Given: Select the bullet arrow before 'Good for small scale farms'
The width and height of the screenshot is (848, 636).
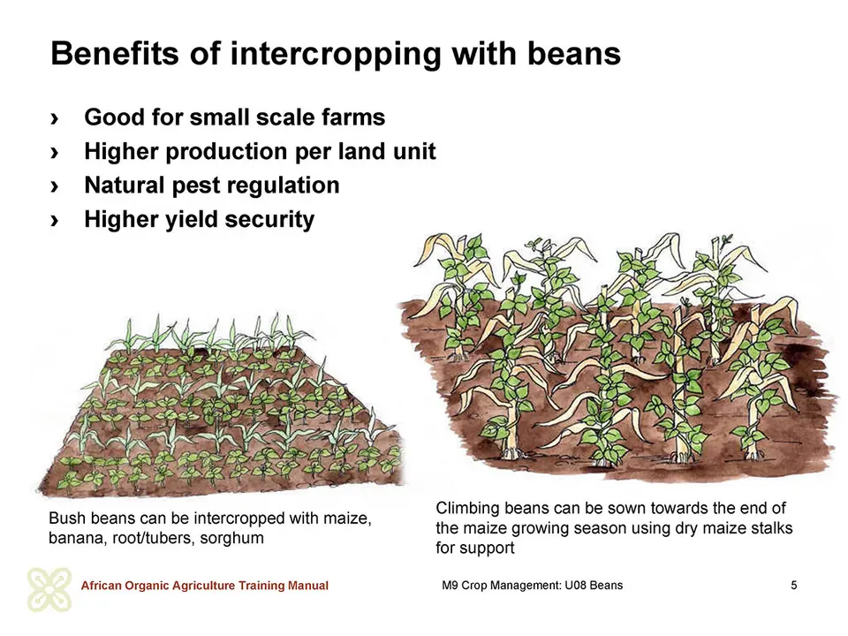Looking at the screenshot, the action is [x=54, y=117].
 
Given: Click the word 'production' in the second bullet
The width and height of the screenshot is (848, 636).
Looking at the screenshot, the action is [x=227, y=152].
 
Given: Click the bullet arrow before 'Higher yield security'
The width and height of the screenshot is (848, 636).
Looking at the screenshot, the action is [x=54, y=220].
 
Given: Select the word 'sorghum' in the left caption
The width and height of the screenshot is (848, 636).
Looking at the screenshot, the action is [x=231, y=539].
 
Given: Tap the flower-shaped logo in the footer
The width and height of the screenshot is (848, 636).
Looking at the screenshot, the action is [x=49, y=589].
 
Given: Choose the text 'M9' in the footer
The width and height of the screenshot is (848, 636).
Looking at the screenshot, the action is [x=450, y=585].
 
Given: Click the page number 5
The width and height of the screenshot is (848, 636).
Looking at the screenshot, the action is [x=794, y=585].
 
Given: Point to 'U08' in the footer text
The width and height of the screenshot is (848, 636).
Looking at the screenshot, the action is [x=575, y=585].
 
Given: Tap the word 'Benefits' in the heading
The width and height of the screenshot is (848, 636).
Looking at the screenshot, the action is [x=114, y=54].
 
